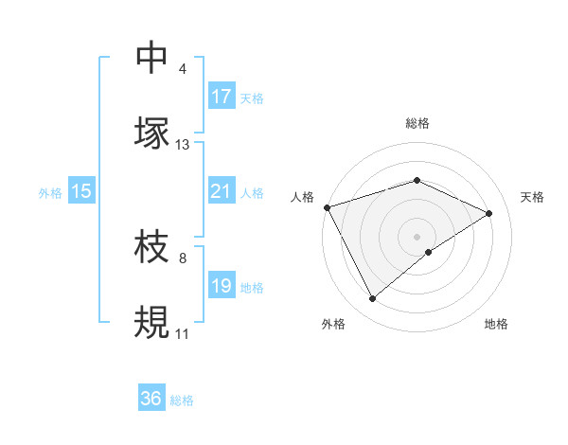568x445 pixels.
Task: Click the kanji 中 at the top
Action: click(x=152, y=57)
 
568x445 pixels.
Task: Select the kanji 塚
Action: click(x=152, y=132)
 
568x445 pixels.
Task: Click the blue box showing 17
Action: click(x=222, y=97)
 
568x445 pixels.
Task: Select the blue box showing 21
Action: click(x=222, y=191)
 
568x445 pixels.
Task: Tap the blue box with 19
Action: click(x=222, y=286)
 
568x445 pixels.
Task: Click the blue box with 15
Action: click(x=81, y=191)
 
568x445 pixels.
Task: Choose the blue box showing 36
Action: click(x=151, y=399)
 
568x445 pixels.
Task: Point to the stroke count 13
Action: click(x=183, y=145)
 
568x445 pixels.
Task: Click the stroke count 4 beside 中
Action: click(x=183, y=69)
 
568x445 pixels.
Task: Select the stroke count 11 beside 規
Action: click(x=183, y=334)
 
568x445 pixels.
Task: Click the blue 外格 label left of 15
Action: click(x=50, y=192)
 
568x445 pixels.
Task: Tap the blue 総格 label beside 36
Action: click(x=182, y=400)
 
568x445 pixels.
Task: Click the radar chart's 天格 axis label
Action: click(x=532, y=197)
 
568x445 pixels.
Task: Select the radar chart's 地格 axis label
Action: click(x=496, y=324)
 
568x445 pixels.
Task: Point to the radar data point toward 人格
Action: click(x=327, y=207)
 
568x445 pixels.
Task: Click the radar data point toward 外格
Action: click(x=372, y=299)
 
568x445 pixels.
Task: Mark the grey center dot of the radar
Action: click(x=417, y=236)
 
